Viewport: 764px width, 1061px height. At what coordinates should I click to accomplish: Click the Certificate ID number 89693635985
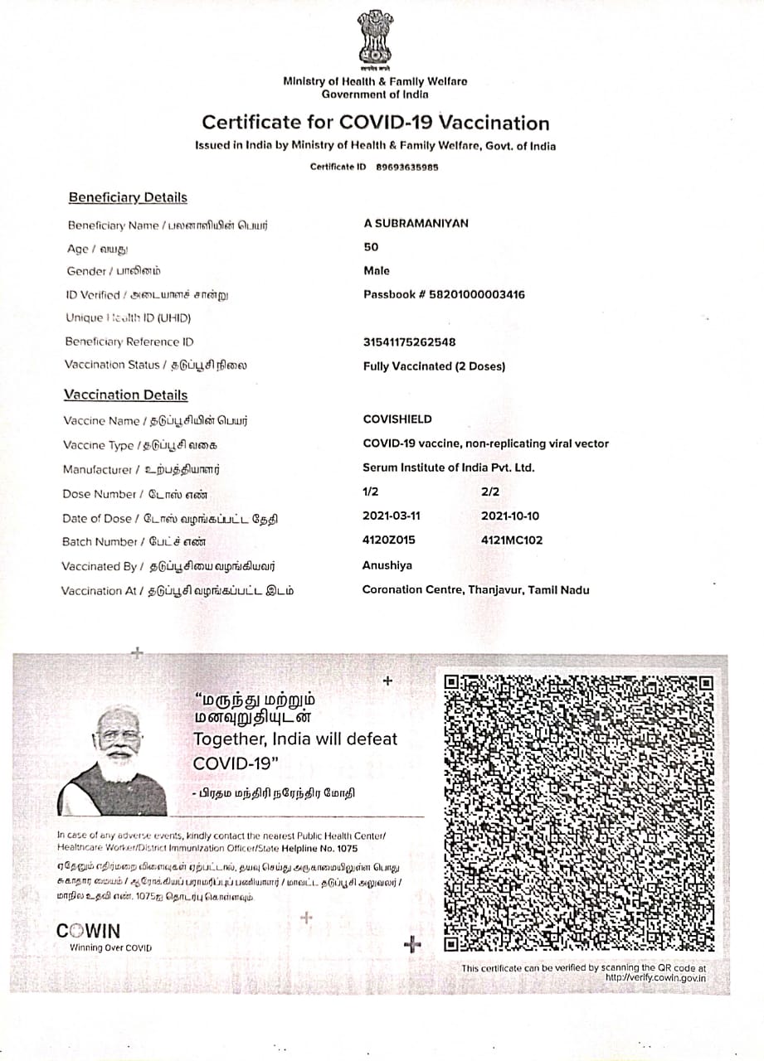coord(407,167)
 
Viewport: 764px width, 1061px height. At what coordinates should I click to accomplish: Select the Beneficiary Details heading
coord(128,197)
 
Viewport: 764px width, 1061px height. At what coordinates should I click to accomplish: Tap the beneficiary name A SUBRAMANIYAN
coord(416,224)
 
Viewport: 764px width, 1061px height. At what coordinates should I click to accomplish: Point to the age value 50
coord(371,247)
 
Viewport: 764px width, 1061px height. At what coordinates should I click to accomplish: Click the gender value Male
coord(377,271)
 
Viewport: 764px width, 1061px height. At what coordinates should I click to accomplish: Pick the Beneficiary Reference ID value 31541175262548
coord(409,342)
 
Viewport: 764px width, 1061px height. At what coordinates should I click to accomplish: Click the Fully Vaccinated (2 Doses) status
coord(434,366)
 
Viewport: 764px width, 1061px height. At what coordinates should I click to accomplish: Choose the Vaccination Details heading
coord(126,395)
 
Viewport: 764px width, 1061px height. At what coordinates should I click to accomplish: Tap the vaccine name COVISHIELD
coord(397,419)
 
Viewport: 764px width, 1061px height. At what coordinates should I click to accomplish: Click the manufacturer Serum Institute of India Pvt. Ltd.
coord(449,468)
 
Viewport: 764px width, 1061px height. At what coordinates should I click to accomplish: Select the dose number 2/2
coord(490,492)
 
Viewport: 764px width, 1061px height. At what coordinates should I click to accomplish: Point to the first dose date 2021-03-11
coord(392,516)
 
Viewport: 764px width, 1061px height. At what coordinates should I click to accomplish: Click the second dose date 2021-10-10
coord(510,516)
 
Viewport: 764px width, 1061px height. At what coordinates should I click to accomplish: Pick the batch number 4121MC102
coord(512,540)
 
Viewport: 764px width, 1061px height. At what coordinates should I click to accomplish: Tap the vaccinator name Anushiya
coord(387,565)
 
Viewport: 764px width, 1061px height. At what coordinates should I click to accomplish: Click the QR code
coord(579,812)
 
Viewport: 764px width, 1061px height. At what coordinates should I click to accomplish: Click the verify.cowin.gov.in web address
coord(656,978)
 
